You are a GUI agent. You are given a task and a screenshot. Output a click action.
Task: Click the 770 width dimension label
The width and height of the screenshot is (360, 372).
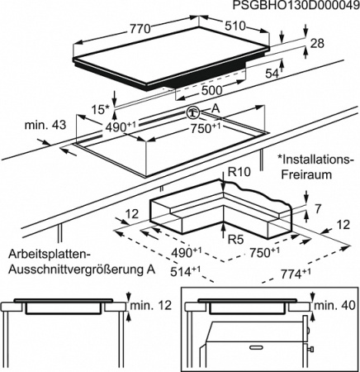(140, 29)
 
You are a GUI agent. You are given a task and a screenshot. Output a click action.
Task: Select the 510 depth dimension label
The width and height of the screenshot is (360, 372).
(234, 26)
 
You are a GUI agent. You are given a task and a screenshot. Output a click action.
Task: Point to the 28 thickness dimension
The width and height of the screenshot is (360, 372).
(317, 44)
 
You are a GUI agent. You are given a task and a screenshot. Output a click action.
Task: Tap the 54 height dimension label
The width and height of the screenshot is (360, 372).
(272, 74)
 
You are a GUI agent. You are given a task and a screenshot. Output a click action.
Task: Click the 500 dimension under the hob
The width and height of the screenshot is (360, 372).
(211, 90)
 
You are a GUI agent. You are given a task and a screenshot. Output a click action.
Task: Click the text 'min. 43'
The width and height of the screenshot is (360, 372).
(45, 125)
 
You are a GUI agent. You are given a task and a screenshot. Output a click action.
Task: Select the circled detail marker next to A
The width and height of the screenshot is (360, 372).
(193, 112)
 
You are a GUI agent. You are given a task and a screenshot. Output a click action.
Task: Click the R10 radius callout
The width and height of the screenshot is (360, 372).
(239, 172)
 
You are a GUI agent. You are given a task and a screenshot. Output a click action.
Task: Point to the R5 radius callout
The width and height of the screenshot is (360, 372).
(236, 240)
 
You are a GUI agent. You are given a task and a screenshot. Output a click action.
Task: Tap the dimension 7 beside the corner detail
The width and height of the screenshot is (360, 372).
(318, 209)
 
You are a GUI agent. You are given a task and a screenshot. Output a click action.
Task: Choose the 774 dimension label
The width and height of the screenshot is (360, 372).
(296, 274)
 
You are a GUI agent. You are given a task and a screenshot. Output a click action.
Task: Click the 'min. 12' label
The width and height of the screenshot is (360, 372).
(150, 305)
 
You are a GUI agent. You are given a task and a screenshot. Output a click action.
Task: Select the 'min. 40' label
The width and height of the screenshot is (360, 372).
(334, 305)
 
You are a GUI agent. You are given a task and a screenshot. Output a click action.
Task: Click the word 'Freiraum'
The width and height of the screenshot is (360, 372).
(306, 174)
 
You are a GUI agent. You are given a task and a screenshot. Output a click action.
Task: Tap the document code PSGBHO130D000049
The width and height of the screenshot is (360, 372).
(296, 5)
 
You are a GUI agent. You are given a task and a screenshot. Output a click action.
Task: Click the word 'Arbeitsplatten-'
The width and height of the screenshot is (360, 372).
(50, 254)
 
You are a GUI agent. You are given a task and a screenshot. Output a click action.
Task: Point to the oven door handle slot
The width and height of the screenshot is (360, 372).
(258, 347)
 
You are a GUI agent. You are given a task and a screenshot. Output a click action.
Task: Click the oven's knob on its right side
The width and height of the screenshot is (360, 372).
(311, 350)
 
